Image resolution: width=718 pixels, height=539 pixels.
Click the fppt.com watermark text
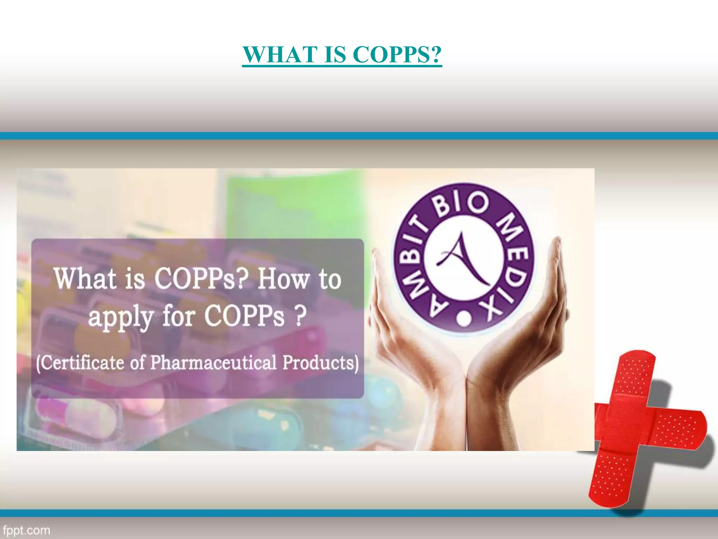[26, 530]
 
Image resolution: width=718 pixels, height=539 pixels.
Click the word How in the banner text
[284, 279]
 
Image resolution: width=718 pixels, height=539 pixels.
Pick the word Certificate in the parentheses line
[82, 363]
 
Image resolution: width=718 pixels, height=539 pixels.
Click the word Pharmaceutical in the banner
[214, 363]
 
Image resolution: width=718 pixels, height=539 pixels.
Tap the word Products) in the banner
[321, 363]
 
